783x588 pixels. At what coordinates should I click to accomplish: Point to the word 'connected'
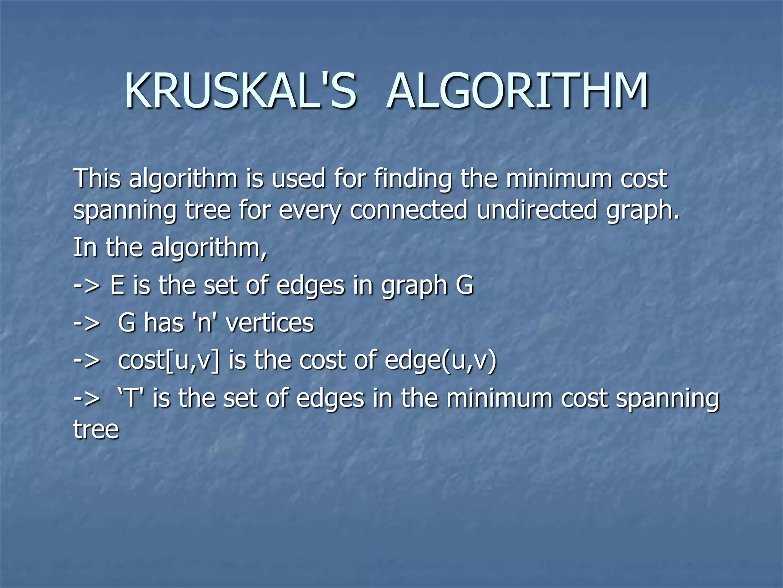pos(408,210)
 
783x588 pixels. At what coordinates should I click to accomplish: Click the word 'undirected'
pos(537,210)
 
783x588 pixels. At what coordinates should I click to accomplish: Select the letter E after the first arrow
pos(117,285)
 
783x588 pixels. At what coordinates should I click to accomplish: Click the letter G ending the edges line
pos(465,285)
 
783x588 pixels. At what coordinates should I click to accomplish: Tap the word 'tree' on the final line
pos(96,430)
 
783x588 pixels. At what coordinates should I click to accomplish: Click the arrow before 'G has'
pos(87,323)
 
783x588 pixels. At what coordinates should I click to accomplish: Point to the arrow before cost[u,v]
pos(87,361)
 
